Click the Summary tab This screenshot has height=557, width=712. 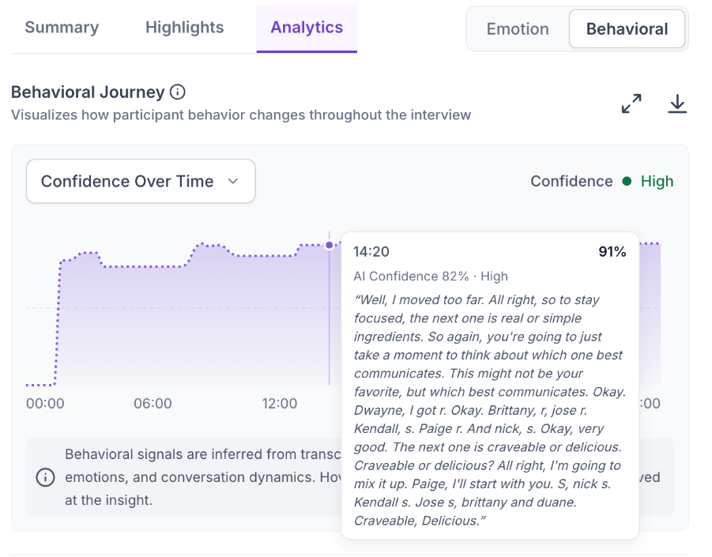(x=62, y=28)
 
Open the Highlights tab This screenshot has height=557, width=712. (x=184, y=28)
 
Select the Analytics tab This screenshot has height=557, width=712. (x=307, y=28)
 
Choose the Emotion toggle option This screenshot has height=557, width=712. (x=518, y=29)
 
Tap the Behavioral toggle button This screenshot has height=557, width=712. (x=627, y=29)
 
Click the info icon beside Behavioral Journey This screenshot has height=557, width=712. (x=178, y=92)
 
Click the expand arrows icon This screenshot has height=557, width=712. (x=631, y=103)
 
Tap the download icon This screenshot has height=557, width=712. (x=677, y=103)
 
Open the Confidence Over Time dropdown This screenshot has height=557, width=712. (x=141, y=181)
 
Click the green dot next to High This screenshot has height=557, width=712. (x=627, y=181)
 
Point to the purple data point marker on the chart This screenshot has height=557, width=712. (x=330, y=245)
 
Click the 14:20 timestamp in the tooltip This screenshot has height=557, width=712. (x=371, y=251)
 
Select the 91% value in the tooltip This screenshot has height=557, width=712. (x=612, y=251)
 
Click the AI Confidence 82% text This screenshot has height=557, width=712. (x=411, y=276)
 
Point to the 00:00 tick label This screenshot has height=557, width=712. (x=45, y=403)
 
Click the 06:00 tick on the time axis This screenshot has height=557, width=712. (x=153, y=403)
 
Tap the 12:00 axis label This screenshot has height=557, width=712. (x=279, y=403)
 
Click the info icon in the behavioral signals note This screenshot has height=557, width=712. (x=45, y=477)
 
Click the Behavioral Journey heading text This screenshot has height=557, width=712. (x=88, y=92)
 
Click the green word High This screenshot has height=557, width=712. (x=657, y=181)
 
